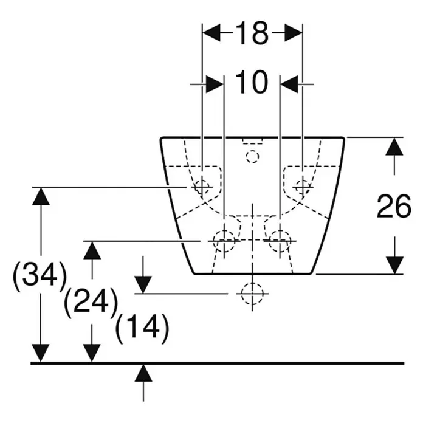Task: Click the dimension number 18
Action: [252, 33]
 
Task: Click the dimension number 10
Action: [252, 82]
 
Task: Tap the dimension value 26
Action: [394, 207]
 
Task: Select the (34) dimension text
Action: [40, 275]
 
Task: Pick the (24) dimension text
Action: [91, 301]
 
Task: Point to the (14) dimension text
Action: [142, 327]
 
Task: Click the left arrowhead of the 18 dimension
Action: [211, 33]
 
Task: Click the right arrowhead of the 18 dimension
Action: [294, 33]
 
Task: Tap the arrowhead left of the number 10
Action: [215, 84]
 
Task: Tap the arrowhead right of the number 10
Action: [289, 84]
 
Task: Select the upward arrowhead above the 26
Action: [394, 146]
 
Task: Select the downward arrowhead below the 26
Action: [394, 265]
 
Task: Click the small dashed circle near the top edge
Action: [252, 156]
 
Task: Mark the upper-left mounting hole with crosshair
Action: [202, 187]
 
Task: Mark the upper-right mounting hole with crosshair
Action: [303, 187]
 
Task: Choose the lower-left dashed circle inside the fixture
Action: [224, 241]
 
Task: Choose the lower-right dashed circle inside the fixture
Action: [280, 241]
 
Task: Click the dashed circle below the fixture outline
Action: [252, 294]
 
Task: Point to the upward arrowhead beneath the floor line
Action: [143, 373]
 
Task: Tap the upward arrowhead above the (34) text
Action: [41, 196]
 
